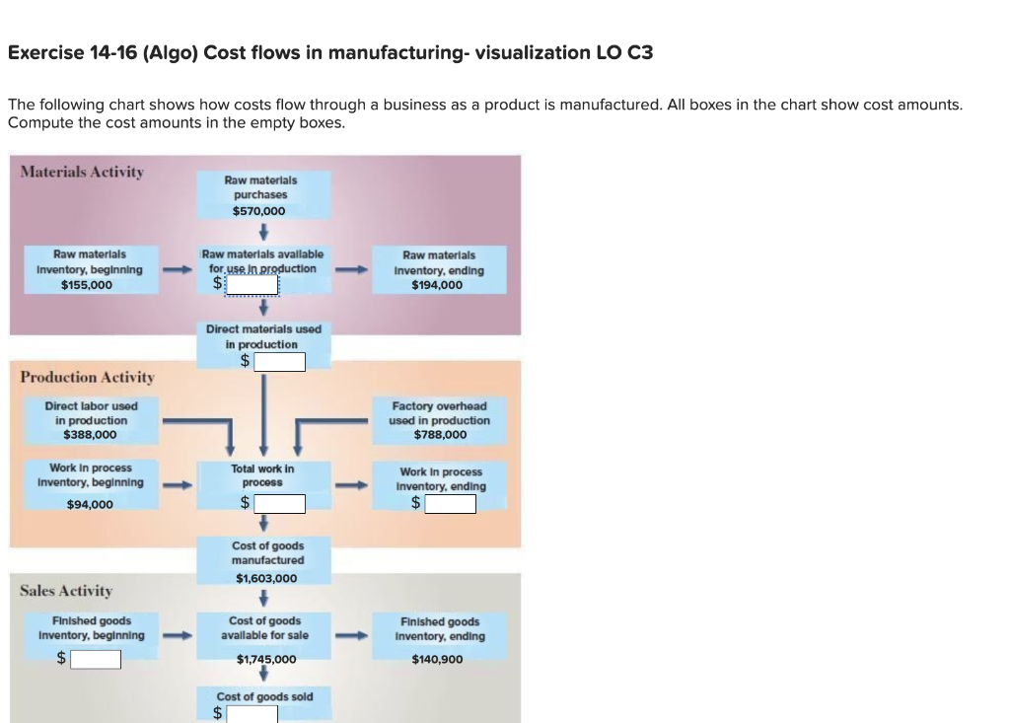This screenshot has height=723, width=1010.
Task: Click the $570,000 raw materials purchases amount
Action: (259, 211)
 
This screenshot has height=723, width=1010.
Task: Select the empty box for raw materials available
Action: (252, 285)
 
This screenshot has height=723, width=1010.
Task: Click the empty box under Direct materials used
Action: (279, 362)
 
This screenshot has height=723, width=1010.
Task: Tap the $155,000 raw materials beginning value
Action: (87, 285)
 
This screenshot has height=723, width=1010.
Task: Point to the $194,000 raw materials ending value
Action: (437, 285)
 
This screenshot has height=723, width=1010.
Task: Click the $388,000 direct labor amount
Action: (90, 434)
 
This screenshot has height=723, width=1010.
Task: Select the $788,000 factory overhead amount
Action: (440, 434)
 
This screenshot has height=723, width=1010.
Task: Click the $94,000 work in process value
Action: (90, 504)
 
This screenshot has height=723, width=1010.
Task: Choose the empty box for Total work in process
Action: (279, 504)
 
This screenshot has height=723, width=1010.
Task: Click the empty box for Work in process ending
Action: (450, 504)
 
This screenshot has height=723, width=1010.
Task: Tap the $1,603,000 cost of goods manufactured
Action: (266, 578)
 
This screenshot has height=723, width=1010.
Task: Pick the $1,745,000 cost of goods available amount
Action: (266, 659)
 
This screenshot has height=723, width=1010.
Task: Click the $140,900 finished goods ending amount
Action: (437, 659)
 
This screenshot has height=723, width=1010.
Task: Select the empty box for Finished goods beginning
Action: (95, 659)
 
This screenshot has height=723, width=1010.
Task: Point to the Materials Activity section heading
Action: (82, 172)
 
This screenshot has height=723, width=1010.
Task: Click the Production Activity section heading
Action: (87, 377)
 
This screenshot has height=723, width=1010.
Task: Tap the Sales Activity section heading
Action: (66, 591)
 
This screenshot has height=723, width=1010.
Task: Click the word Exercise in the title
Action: (42, 52)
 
